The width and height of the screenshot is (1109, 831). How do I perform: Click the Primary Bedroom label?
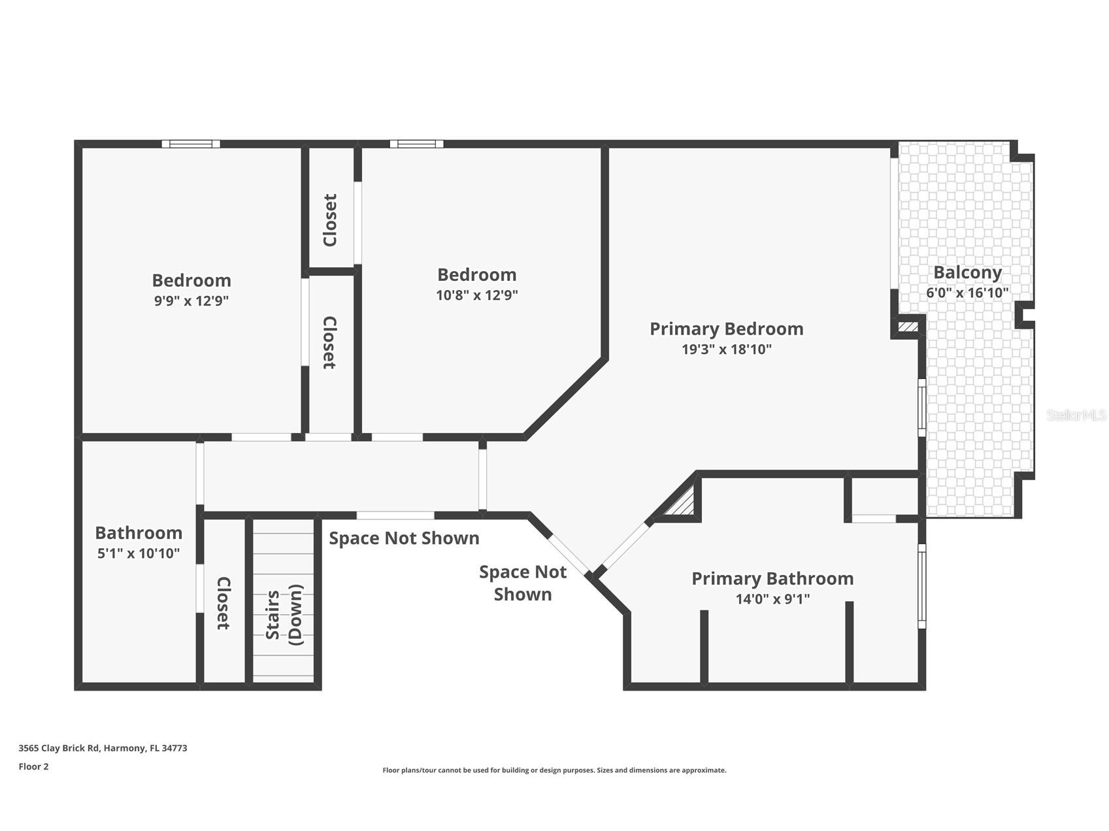click(x=726, y=329)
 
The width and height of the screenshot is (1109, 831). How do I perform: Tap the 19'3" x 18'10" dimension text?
click(x=726, y=350)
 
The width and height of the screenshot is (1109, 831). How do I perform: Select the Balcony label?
click(x=967, y=272)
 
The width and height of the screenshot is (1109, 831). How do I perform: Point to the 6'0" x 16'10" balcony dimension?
click(x=967, y=293)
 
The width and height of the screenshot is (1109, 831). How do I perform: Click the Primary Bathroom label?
click(x=772, y=579)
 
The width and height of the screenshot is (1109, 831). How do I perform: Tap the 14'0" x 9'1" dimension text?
click(x=772, y=599)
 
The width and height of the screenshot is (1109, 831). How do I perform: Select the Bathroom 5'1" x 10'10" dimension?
click(x=139, y=553)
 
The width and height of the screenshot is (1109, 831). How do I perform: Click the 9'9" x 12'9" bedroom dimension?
click(x=191, y=301)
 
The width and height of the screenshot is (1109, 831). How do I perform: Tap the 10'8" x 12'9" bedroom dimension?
click(x=477, y=295)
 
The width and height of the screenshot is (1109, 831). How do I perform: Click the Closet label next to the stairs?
click(x=223, y=602)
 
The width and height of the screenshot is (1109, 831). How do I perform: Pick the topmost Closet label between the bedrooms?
click(x=331, y=220)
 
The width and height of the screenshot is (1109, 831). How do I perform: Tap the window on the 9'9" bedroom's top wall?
click(x=191, y=144)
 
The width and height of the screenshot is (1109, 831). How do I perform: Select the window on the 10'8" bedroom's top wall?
click(x=416, y=144)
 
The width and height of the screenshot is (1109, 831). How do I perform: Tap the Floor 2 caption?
click(x=33, y=767)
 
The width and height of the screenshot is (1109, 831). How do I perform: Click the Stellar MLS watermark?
click(x=1076, y=415)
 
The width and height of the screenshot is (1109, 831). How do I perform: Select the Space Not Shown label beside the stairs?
click(x=404, y=538)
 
